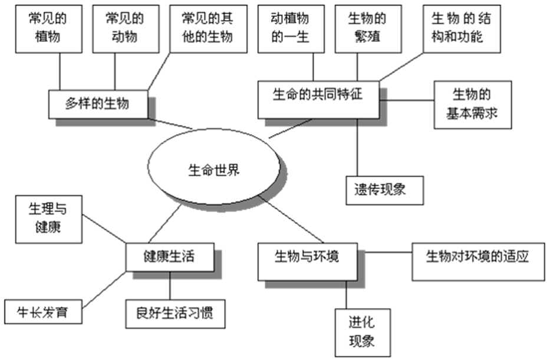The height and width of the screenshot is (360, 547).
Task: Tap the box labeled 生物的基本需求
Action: (473, 104)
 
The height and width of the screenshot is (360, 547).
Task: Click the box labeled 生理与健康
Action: (48, 220)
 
